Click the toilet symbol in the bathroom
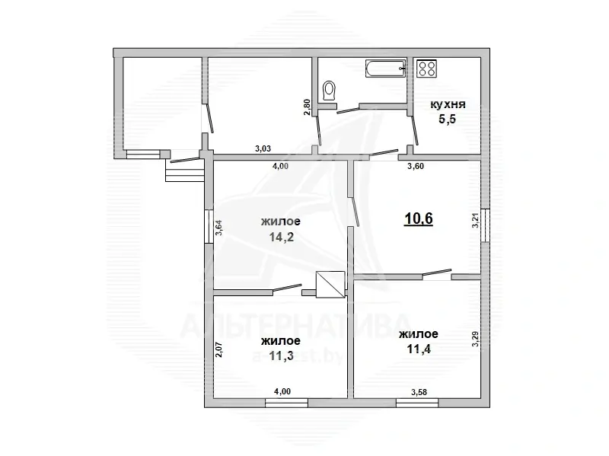click(330, 91)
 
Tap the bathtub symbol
click(386, 69)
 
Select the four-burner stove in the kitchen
click(426, 69)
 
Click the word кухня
click(448, 104)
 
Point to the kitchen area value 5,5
click(448, 119)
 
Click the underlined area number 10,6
click(418, 218)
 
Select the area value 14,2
click(281, 237)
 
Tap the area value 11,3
click(281, 356)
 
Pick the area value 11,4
click(419, 349)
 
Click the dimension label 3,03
click(263, 148)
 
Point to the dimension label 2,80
click(308, 107)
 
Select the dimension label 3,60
click(415, 166)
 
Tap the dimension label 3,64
click(218, 228)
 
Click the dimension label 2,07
click(218, 349)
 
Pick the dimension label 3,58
click(419, 392)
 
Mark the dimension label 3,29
click(475, 339)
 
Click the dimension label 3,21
click(475, 220)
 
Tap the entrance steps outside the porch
click(185, 171)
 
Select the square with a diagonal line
click(330, 285)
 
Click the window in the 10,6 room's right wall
click(486, 225)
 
